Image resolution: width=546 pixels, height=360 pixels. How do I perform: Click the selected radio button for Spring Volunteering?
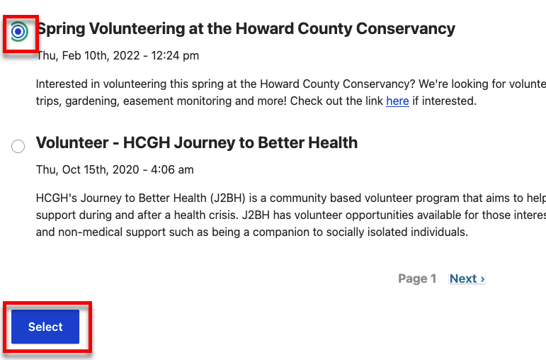point(18,31)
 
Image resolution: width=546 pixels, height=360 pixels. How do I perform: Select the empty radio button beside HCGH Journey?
point(18,146)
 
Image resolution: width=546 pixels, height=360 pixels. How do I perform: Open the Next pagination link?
point(467,279)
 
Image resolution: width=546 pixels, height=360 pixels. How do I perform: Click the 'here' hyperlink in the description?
point(397,101)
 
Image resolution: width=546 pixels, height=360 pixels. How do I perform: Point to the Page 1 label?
point(417,279)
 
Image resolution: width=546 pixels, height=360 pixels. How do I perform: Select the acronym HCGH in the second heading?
point(146,143)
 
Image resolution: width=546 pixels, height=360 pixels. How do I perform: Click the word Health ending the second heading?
point(332,143)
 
